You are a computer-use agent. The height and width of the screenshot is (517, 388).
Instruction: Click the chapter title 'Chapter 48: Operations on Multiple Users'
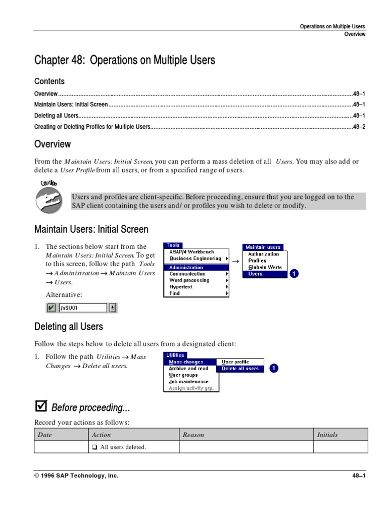coord(124,61)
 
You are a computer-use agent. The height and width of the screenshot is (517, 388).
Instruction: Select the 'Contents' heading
coord(50,81)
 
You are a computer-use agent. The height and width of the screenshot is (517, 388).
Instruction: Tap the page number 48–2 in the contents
coord(359,127)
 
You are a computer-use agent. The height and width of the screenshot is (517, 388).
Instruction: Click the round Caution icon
coord(48,199)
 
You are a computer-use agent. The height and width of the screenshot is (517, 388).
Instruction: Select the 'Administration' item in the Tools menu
coord(186,268)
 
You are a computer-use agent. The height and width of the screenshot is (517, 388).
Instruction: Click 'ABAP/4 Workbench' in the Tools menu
coord(191,252)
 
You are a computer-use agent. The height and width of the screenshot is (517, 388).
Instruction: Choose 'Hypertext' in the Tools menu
coord(181,287)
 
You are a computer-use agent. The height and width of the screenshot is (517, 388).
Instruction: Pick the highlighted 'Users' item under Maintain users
coord(256,274)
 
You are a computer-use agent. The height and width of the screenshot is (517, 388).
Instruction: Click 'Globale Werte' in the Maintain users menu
coord(265,267)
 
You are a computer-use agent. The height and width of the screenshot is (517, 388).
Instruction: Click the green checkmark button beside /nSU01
coord(52,308)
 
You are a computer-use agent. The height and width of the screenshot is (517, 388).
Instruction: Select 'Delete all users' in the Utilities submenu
coord(240,369)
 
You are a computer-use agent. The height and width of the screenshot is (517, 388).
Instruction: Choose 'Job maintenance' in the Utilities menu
coord(188,382)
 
